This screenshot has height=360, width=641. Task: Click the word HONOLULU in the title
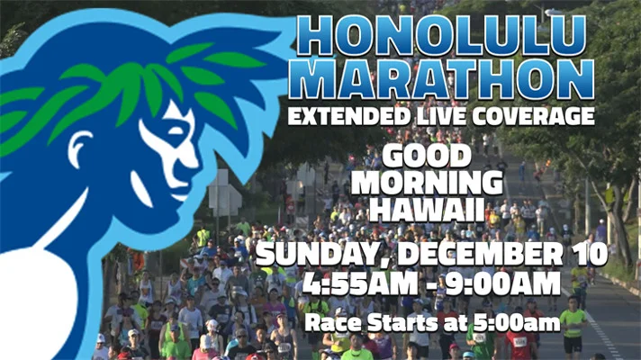pyautogui.click(x=441, y=36)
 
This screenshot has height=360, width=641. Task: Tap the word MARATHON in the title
pyautogui.click(x=441, y=80)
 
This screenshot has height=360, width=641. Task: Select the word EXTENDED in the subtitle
pyautogui.click(x=348, y=116)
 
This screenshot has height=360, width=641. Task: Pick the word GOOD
pyautogui.click(x=427, y=157)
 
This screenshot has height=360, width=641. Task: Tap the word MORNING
pyautogui.click(x=427, y=183)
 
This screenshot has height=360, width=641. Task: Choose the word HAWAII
pyautogui.click(x=427, y=209)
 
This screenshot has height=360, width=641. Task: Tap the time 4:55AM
pyautogui.click(x=360, y=283)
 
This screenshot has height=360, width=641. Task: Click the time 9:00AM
pyautogui.click(x=502, y=283)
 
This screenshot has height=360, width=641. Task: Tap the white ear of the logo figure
pyautogui.click(x=80, y=148)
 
